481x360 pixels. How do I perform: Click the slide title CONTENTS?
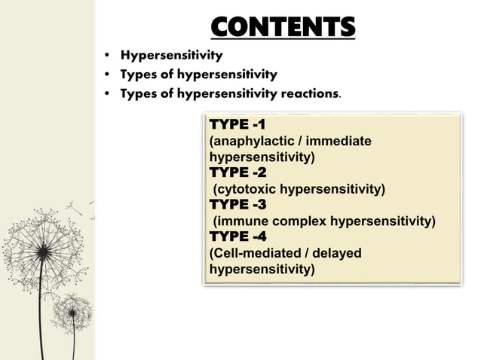[x=282, y=28]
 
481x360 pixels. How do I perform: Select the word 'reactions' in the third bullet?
[x=308, y=94]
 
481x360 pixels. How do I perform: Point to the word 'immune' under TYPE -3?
[x=240, y=221]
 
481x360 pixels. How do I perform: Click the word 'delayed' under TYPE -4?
[x=336, y=253]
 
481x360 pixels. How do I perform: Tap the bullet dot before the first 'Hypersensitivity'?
[x=109, y=56]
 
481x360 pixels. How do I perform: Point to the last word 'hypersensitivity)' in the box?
[x=262, y=270]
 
